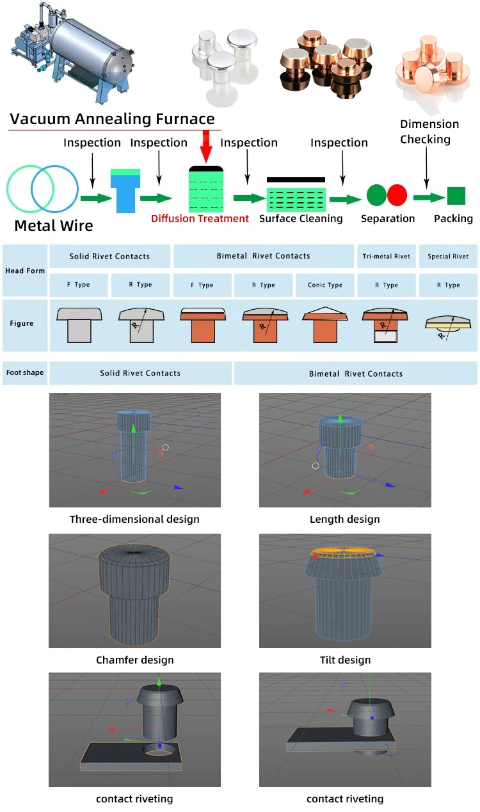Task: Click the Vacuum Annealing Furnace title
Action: coord(112,119)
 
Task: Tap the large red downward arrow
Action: coord(206,147)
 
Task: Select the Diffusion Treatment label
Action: coord(200,219)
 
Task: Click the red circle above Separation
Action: coord(397,195)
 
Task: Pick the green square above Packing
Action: coord(456,196)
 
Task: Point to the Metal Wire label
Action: coord(54,225)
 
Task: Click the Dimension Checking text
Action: coord(429,132)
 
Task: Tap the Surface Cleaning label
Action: coord(301,219)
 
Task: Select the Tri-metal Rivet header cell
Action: coord(387,257)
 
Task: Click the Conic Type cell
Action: coord(325,285)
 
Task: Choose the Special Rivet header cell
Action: coord(448,257)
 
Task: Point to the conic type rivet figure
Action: coord(325,324)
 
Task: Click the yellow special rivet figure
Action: coord(448,323)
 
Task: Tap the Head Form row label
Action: coord(25,271)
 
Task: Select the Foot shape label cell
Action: coord(25,372)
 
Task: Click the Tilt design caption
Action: coord(345,660)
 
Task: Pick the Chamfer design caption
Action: coord(135,660)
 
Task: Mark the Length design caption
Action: coord(345,519)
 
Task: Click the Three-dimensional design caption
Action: coord(134,519)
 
